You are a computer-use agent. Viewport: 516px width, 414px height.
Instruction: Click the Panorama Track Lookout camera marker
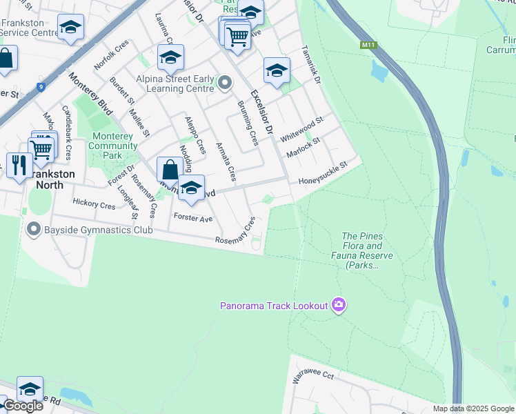(338, 305)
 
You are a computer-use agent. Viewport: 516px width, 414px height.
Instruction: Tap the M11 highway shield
(368, 46)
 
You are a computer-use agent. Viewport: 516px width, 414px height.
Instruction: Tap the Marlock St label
(304, 148)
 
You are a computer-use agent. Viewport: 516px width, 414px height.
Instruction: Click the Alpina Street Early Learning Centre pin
(225, 83)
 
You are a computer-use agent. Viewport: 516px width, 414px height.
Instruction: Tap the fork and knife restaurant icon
(19, 166)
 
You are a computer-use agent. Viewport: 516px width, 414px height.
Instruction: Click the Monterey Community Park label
(110, 146)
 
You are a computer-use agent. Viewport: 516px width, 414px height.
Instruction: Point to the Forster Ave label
(193, 217)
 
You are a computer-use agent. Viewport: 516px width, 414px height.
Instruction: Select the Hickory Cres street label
(94, 205)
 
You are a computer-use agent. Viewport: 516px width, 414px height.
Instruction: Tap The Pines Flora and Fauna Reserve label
(367, 250)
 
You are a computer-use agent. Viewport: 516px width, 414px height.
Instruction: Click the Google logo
(23, 406)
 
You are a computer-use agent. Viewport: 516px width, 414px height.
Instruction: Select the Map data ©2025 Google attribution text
(473, 408)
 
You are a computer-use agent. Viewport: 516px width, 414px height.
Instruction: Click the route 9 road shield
(42, 87)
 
